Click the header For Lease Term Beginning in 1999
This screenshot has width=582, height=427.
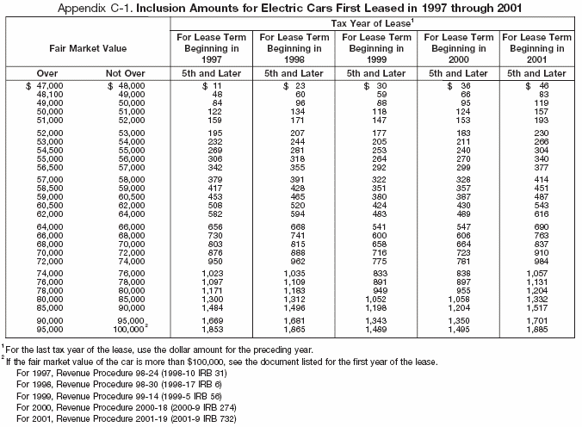pyautogui.click(x=373, y=50)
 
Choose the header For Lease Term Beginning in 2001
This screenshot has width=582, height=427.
pyautogui.click(x=536, y=50)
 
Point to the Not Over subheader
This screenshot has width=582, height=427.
pyautogui.click(x=127, y=74)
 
